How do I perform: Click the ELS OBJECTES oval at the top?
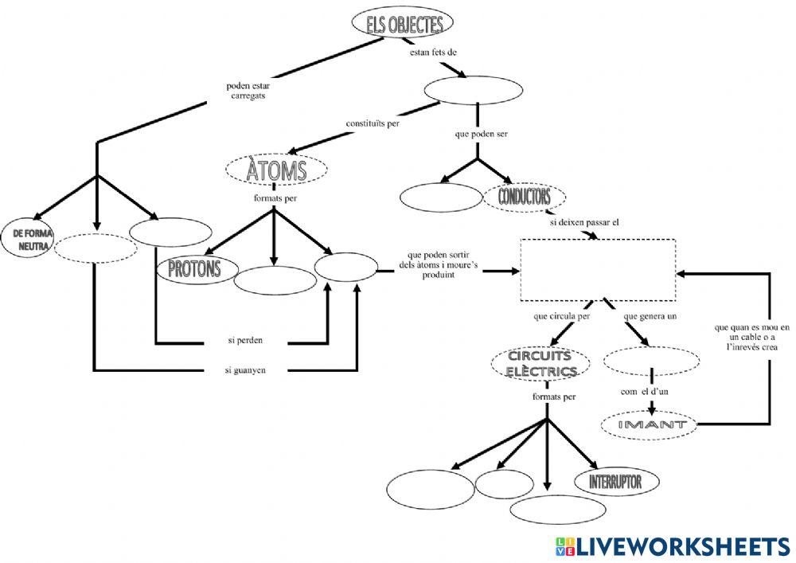(x=404, y=25)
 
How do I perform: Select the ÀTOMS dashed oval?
(x=276, y=170)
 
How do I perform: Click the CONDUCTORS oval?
(x=525, y=196)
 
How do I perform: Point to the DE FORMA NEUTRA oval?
(x=32, y=240)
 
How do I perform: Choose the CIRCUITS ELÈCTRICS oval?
(x=540, y=364)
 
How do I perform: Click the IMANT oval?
(x=652, y=425)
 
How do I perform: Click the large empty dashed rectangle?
(x=597, y=270)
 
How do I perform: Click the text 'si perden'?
(x=244, y=340)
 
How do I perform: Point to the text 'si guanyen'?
(x=245, y=370)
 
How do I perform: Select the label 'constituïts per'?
(x=373, y=123)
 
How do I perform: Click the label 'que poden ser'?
(x=481, y=134)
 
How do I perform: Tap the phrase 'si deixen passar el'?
(x=584, y=223)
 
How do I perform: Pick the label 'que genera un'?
(x=650, y=316)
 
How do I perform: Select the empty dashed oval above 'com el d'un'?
(x=651, y=361)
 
